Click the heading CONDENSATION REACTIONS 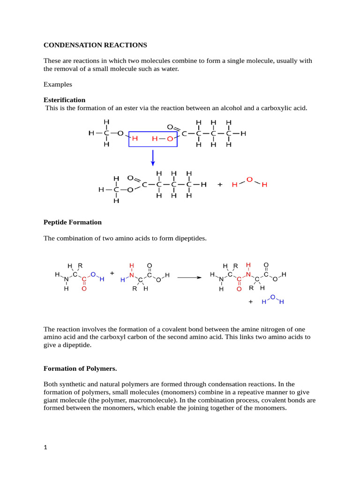point(95,45)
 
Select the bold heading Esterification point(64,100)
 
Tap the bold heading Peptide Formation point(72,222)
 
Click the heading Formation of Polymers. point(80,368)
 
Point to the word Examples point(58,84)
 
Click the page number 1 point(45,448)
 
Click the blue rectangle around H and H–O point(153,139)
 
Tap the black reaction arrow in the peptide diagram point(189,277)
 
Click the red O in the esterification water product point(249,180)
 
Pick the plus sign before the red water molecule point(220,185)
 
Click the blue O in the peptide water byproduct point(273,296)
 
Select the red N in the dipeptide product point(248,274)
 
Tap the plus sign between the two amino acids point(112,272)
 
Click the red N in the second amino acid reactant point(132,275)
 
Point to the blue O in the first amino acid point(93,274)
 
